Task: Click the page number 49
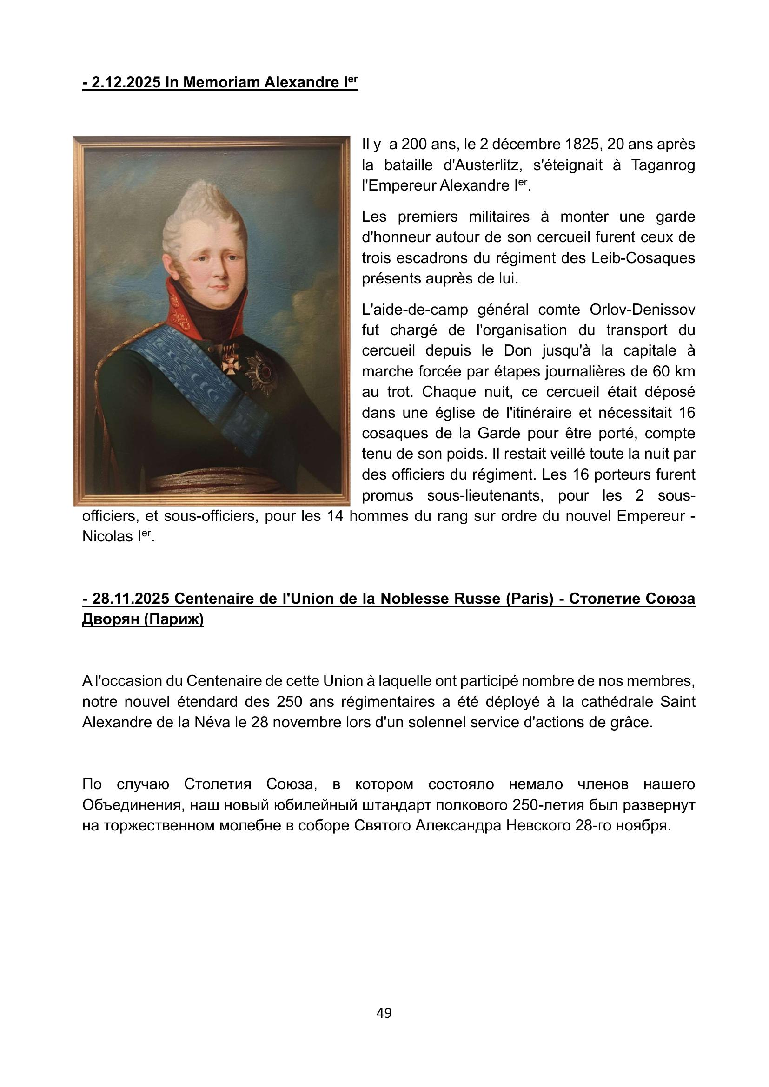pyautogui.click(x=384, y=1013)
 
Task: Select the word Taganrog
pyautogui.click(x=663, y=165)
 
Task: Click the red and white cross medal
pyautogui.click(x=231, y=365)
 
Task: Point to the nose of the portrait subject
pyautogui.click(x=219, y=271)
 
